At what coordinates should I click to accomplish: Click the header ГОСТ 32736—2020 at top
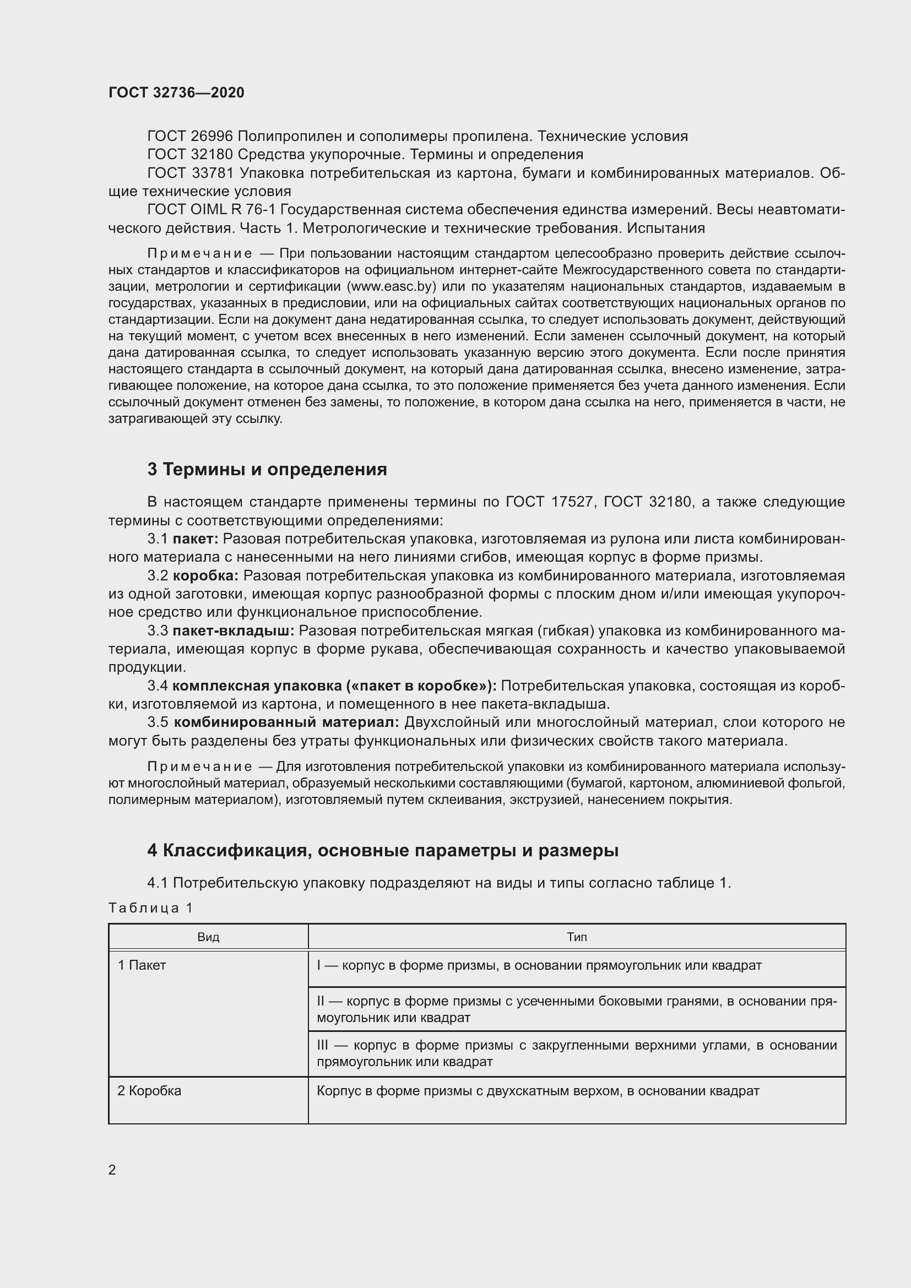pos(176,93)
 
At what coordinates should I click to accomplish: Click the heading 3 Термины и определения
pos(267,469)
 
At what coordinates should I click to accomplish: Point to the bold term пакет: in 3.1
pos(194,539)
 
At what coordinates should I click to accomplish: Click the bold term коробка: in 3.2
pos(205,575)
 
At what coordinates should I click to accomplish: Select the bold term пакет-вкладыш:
pos(233,631)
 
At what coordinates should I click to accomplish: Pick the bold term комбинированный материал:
pos(286,722)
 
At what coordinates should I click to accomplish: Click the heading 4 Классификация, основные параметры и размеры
pos(383,850)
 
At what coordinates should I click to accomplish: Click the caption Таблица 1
pos(150,907)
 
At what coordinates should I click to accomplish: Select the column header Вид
pos(208,937)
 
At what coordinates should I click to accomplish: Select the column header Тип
pos(577,937)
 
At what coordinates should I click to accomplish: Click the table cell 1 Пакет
pos(142,965)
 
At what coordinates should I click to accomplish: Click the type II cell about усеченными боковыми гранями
pos(577,1009)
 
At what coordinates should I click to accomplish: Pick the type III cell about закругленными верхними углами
pos(577,1053)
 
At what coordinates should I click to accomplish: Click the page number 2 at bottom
pos(112,1170)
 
